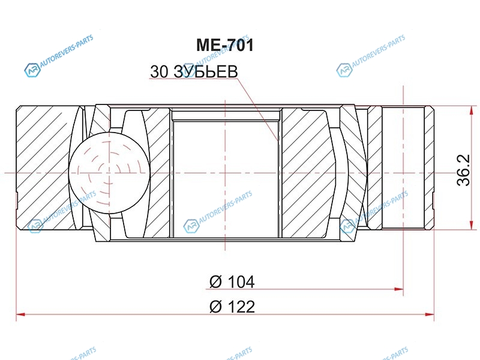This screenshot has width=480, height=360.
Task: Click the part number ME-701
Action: click(225, 45)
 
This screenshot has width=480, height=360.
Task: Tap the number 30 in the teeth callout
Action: click(160, 71)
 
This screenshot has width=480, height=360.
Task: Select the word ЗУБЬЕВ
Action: click(206, 71)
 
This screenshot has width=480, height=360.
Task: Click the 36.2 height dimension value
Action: click(463, 170)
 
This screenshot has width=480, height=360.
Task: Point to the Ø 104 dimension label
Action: click(232, 281)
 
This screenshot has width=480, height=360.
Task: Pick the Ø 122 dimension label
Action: click(232, 307)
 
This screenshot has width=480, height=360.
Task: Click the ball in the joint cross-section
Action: click(109, 173)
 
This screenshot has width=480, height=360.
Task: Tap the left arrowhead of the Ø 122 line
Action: click(20, 314)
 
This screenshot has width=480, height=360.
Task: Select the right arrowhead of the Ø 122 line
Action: click(430, 314)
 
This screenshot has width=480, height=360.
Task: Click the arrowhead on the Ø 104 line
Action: click(399, 289)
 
